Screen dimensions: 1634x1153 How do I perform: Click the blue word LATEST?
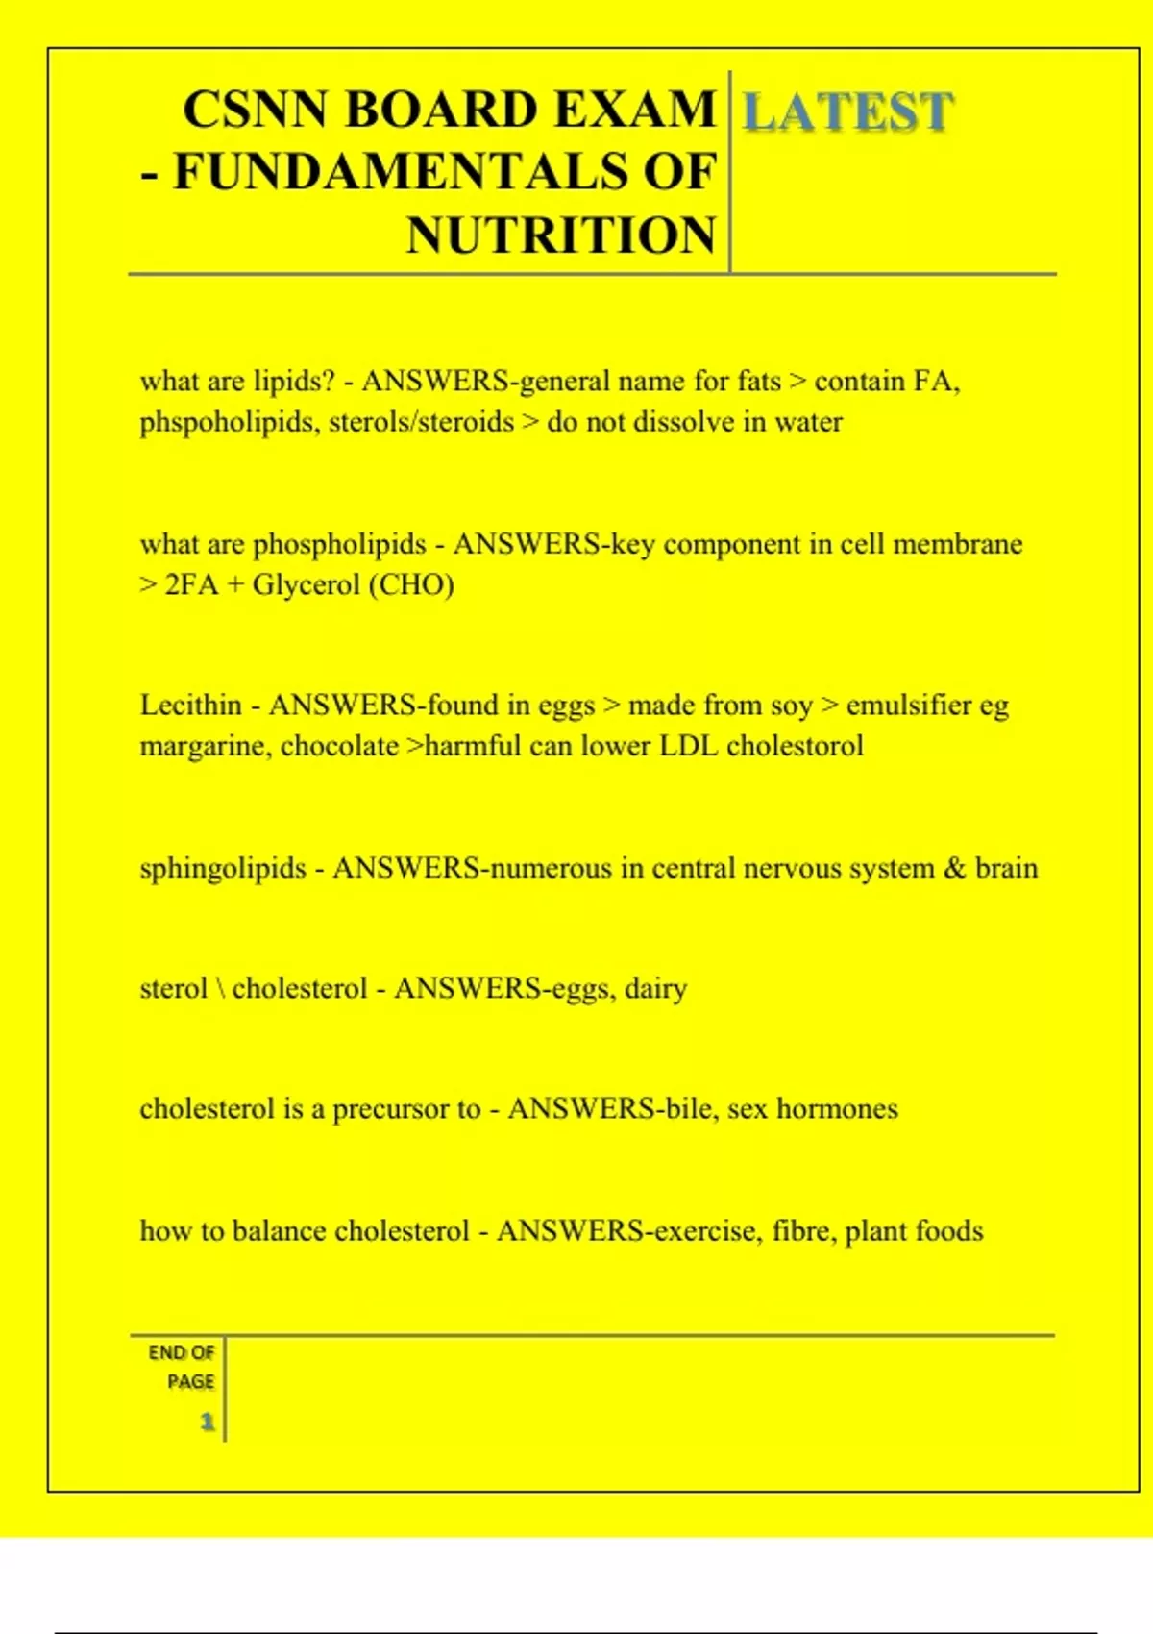click(848, 111)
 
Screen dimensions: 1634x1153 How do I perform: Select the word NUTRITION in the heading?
click(561, 235)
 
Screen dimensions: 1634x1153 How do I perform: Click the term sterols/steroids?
click(422, 422)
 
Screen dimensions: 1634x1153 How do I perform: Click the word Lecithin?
click(190, 705)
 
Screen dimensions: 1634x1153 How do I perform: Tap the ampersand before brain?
click(954, 868)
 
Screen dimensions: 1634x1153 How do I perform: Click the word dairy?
click(655, 988)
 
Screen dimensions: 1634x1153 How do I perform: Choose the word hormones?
click(837, 1108)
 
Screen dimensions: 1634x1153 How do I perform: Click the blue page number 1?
click(207, 1422)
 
